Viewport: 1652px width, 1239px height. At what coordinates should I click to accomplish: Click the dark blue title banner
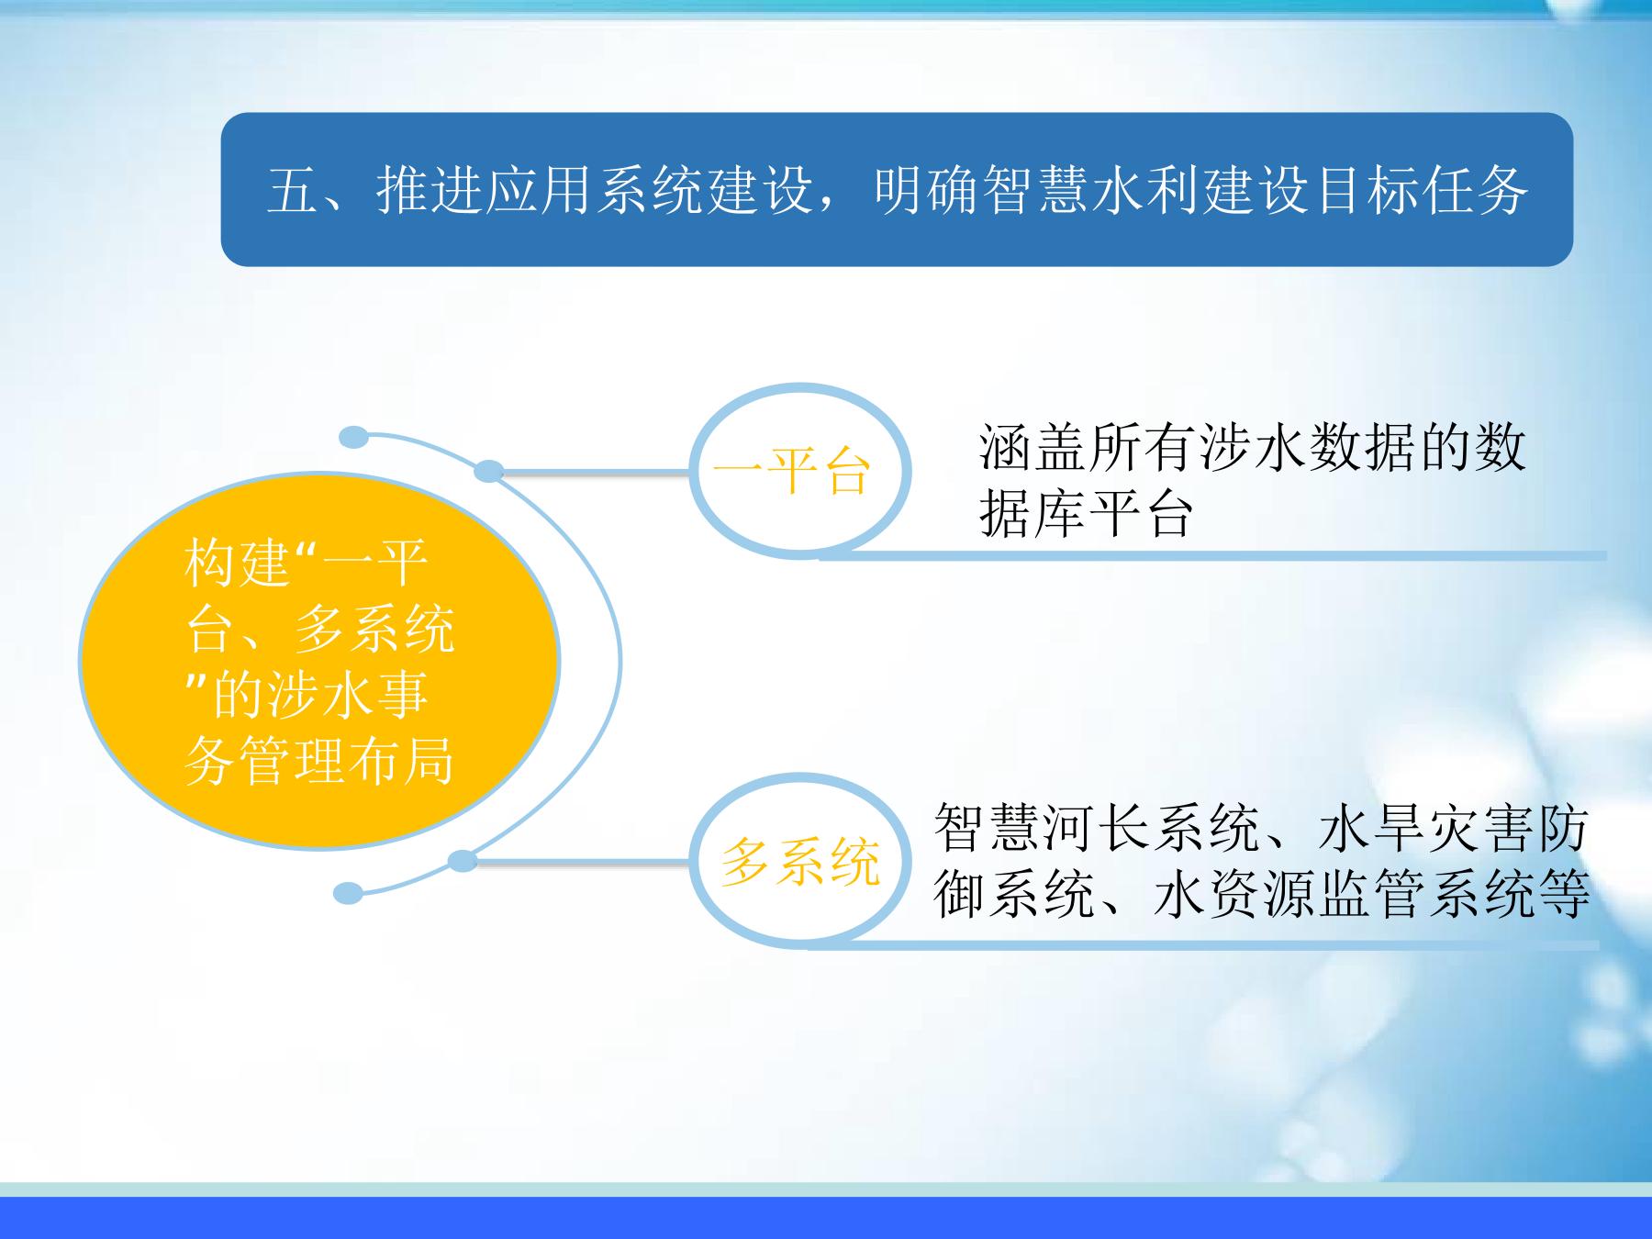pyautogui.click(x=897, y=190)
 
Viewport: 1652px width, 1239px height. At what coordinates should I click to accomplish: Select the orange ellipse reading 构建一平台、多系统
pyautogui.click(x=319, y=660)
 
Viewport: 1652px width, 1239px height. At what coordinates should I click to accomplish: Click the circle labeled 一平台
pyautogui.click(x=799, y=472)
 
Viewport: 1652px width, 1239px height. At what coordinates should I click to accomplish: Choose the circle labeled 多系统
pyautogui.click(x=799, y=861)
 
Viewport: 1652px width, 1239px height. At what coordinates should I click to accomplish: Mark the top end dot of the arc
pyautogui.click(x=353, y=437)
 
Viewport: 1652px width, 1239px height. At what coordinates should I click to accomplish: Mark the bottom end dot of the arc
pyautogui.click(x=349, y=892)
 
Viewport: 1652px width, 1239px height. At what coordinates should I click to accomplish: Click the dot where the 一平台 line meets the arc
pyautogui.click(x=489, y=472)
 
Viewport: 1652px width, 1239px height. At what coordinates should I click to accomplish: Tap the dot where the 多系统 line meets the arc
pyautogui.click(x=463, y=861)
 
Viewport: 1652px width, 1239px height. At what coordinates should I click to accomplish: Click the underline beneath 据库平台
pyautogui.click(x=1211, y=555)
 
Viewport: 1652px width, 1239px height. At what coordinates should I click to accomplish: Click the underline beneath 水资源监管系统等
pyautogui.click(x=1203, y=944)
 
